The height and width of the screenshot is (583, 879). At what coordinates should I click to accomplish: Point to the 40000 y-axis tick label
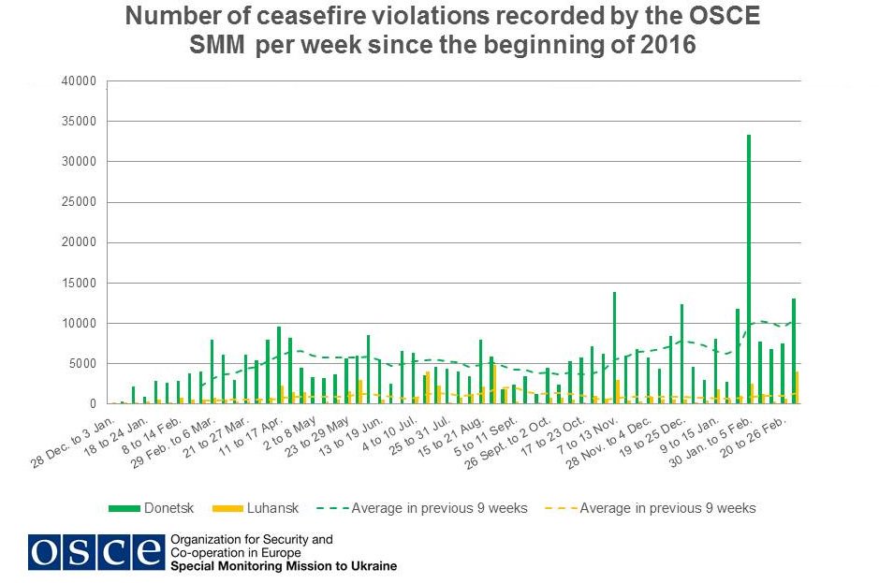pyautogui.click(x=78, y=81)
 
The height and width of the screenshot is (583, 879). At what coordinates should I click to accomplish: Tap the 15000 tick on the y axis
pyautogui.click(x=78, y=283)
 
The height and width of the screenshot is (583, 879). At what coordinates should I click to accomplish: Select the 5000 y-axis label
pyautogui.click(x=81, y=363)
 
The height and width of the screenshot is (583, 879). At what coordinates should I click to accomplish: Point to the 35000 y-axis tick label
pyautogui.click(x=78, y=122)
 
